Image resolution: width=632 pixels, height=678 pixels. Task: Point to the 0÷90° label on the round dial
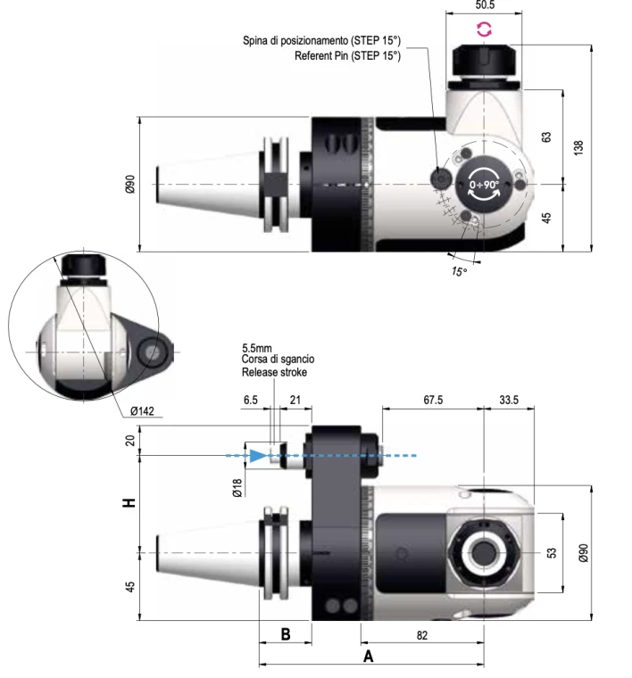pos(486,186)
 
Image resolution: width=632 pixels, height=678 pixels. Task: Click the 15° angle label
pos(459,271)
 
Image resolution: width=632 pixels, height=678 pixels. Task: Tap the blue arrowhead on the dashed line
pos(258,455)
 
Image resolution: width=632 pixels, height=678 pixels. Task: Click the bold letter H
pos(130,502)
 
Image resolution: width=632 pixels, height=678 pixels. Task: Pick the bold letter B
pos(285,634)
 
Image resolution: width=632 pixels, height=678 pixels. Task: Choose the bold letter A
pos(367,657)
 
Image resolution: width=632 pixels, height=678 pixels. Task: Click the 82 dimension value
pos(423,634)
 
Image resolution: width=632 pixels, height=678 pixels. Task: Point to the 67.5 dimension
pos(432,400)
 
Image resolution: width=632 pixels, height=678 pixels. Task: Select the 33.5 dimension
pos(510,400)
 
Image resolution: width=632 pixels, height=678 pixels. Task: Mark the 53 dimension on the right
pos(552,553)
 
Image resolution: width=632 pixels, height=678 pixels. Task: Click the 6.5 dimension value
pos(251,401)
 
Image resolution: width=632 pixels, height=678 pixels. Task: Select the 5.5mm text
pos(258,348)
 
